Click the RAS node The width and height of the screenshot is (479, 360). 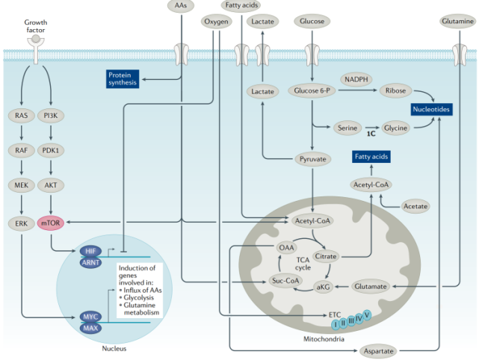click(x=22, y=116)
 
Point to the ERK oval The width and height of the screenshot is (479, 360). click(x=22, y=223)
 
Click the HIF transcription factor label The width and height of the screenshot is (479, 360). click(x=89, y=251)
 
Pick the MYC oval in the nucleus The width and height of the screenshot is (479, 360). click(x=90, y=317)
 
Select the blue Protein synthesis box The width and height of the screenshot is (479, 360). click(x=123, y=79)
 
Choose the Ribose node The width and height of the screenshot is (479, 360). click(x=395, y=90)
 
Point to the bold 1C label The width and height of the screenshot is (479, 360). click(x=371, y=134)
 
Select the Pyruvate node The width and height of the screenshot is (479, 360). click(x=312, y=159)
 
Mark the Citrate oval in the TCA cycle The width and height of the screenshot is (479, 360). click(x=326, y=256)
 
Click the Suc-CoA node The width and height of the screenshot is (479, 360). click(x=285, y=282)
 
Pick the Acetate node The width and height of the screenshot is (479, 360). click(x=413, y=203)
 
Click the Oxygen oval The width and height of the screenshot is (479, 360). click(x=216, y=22)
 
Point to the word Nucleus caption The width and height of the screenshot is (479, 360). click(x=114, y=349)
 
